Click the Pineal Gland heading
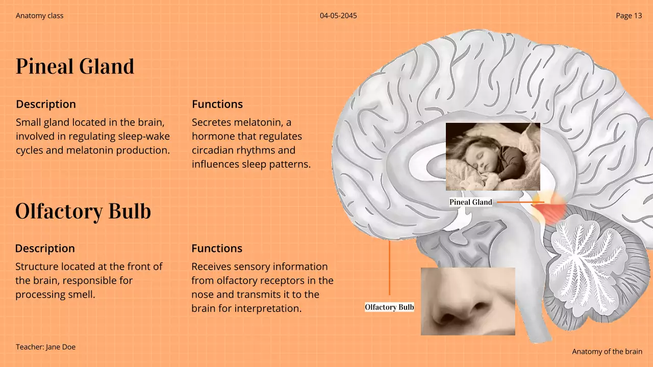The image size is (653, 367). pos(75,67)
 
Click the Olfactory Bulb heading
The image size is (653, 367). pos(83,212)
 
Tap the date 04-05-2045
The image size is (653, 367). pos(338,16)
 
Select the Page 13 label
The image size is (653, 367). pos(629,16)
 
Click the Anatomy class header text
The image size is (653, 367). pos(40,16)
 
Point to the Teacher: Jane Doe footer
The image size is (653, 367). pos(45,347)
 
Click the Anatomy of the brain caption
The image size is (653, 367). pos(607,352)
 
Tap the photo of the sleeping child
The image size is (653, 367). pos(493,156)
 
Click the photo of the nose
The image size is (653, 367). pos(468,301)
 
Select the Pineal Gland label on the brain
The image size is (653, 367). pos(471,202)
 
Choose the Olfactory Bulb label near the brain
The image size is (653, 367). pos(389,307)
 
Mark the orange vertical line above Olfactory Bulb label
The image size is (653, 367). pos(389,268)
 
